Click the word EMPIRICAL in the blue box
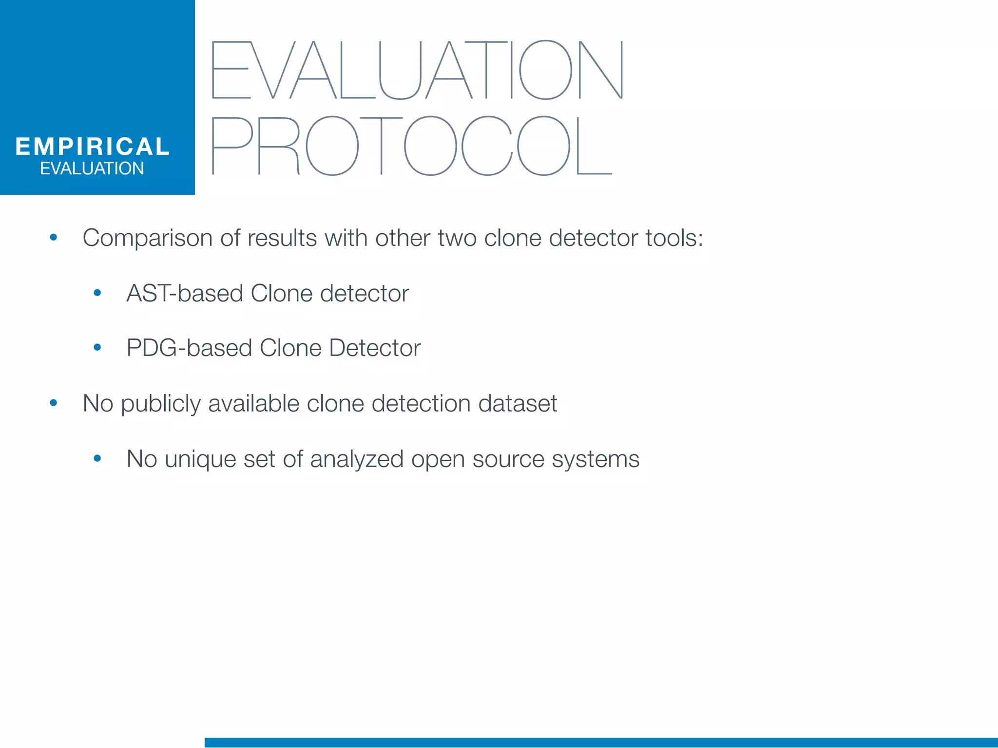pos(92,147)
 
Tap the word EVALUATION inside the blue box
pos(92,168)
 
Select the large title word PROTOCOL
pos(412,146)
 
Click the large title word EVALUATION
pos(418,70)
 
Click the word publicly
pos(160,404)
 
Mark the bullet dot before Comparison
pos(54,238)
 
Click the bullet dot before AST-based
pos(97,293)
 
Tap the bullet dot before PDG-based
pos(97,348)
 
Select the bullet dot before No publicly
pos(54,403)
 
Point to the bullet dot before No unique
pos(97,458)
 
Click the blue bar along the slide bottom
pos(601,743)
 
